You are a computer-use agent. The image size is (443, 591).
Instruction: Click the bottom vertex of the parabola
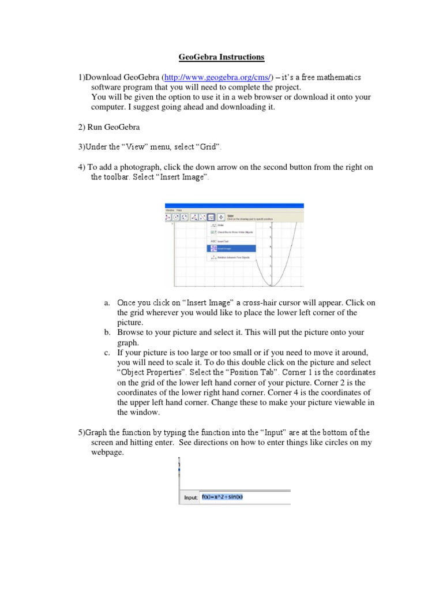point(275,285)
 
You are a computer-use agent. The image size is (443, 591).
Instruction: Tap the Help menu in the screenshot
point(179,210)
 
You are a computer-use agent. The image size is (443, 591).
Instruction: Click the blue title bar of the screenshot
point(234,205)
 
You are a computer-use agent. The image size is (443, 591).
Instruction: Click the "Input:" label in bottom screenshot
point(190,498)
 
